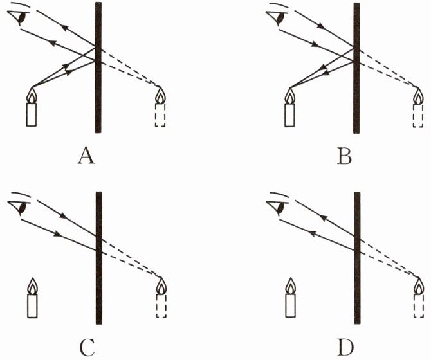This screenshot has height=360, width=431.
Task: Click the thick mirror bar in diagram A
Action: [x=97, y=67]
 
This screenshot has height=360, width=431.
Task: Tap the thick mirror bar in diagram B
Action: [x=356, y=67]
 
